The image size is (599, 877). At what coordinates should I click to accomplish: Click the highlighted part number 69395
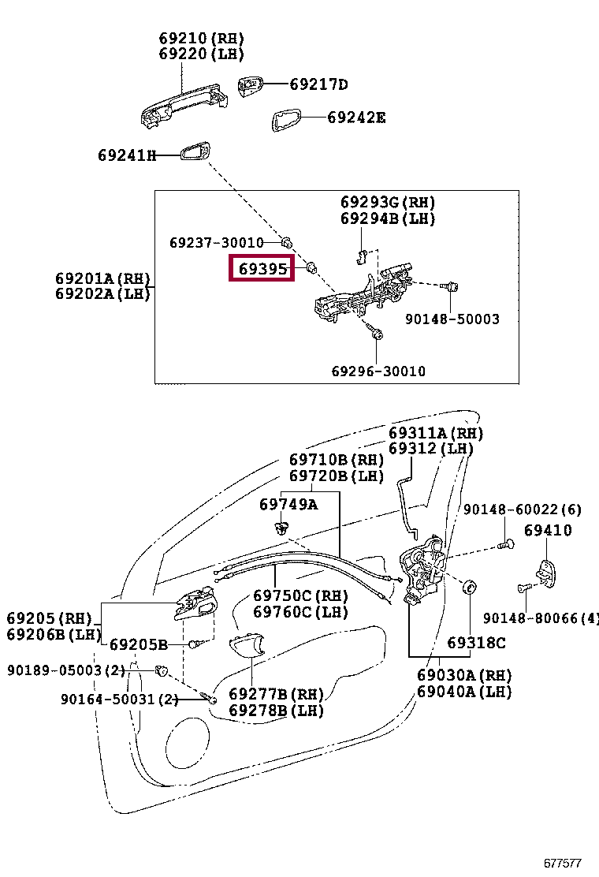click(262, 268)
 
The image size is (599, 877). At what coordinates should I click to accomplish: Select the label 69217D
click(318, 84)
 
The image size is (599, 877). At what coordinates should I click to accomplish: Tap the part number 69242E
click(356, 118)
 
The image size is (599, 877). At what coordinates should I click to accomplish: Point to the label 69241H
click(127, 155)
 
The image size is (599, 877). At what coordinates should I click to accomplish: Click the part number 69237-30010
click(216, 242)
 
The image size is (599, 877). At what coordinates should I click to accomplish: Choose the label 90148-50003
click(452, 319)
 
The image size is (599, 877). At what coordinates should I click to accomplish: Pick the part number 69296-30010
click(378, 371)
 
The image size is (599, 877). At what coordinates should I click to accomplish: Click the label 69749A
click(288, 505)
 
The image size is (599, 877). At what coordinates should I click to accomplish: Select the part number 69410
click(548, 530)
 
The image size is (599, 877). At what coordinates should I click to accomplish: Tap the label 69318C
click(476, 644)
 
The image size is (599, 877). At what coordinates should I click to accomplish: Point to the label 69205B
click(139, 645)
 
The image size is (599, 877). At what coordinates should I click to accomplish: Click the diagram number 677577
click(563, 863)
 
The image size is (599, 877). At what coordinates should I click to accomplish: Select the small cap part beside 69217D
click(250, 87)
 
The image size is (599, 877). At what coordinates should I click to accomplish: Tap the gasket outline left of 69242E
click(286, 120)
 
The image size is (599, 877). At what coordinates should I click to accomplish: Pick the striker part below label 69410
click(546, 573)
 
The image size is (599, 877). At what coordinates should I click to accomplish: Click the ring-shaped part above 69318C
click(470, 588)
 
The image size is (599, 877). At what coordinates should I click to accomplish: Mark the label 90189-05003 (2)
click(66, 670)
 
